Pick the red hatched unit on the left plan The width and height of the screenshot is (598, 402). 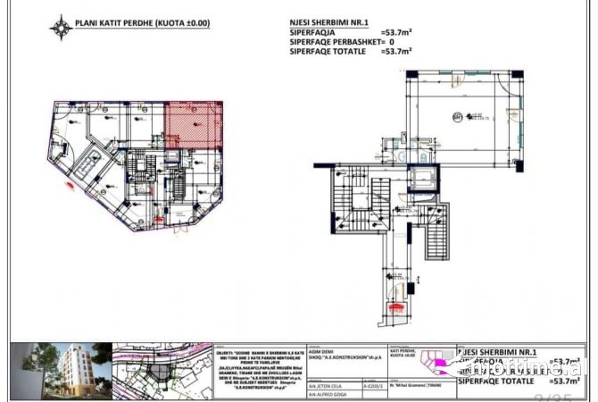[x=194, y=125]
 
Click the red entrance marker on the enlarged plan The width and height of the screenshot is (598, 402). [x=391, y=307]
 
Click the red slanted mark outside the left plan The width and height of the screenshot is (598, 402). [x=69, y=186]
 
